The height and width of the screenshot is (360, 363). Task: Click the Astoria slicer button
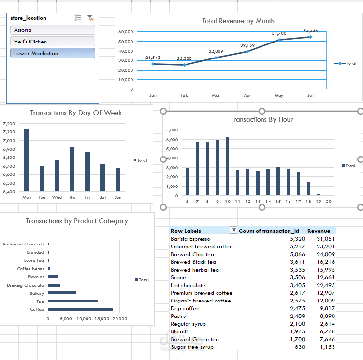pyautogui.click(x=52, y=30)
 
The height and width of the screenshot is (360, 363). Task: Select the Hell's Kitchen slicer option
pyautogui.click(x=52, y=42)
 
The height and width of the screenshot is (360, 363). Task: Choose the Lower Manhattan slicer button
pyautogui.click(x=52, y=53)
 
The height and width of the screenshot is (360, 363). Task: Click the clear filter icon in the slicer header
pyautogui.click(x=90, y=18)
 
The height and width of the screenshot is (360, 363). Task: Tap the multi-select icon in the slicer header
pyautogui.click(x=78, y=18)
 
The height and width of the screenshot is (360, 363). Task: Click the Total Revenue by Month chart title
pyautogui.click(x=238, y=21)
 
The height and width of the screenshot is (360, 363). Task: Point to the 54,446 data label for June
pyautogui.click(x=310, y=31)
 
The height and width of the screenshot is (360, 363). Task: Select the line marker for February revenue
pyautogui.click(x=184, y=65)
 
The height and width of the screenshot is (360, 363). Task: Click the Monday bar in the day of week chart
pyautogui.click(x=27, y=160)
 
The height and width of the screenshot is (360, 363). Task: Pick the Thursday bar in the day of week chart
pyautogui.click(x=72, y=170)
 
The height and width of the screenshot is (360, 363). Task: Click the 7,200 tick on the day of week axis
pyautogui.click(x=9, y=124)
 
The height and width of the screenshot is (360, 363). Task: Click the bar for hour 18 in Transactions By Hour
pyautogui.click(x=308, y=189)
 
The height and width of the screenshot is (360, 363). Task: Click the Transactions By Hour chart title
pyautogui.click(x=261, y=119)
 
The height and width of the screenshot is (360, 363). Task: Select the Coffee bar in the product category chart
pyautogui.click(x=80, y=309)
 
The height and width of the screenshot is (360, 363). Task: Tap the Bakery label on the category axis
pyautogui.click(x=37, y=293)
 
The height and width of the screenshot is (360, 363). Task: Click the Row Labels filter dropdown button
pyautogui.click(x=234, y=230)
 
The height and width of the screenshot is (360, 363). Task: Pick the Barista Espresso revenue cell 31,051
pyautogui.click(x=325, y=239)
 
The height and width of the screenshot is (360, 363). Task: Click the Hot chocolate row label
pyautogui.click(x=188, y=285)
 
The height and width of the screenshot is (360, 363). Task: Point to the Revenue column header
pyautogui.click(x=319, y=231)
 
